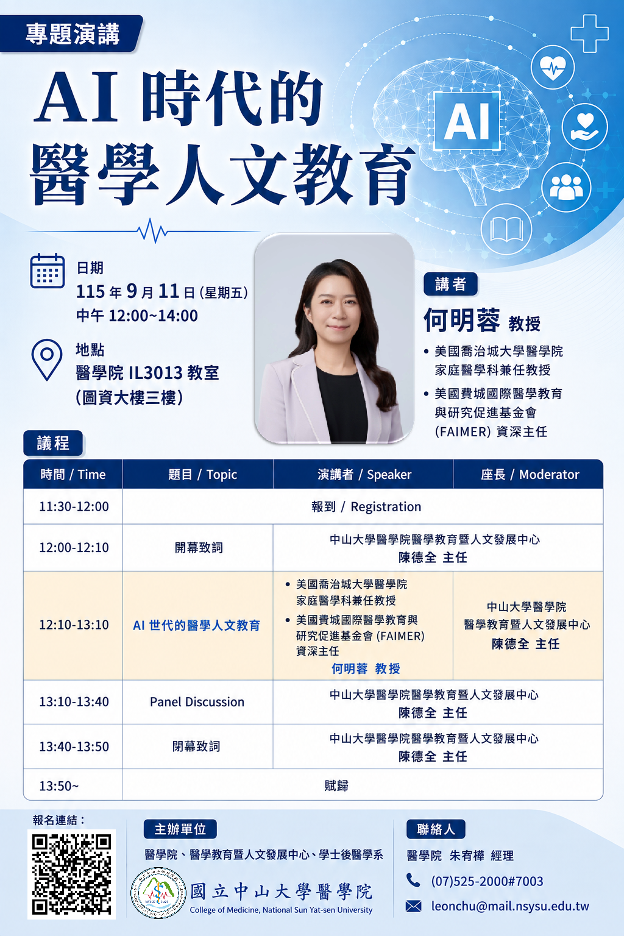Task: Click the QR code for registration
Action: point(71,874)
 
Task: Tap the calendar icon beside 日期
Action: point(48,271)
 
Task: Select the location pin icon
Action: point(47,360)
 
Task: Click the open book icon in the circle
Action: point(506,229)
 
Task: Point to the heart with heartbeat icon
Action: point(553,67)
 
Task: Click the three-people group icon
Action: point(566,187)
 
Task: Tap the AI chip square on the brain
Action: point(467,121)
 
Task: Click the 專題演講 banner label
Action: point(71,34)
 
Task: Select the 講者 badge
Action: point(450,284)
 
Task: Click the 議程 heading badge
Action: point(53,443)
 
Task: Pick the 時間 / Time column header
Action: point(73,474)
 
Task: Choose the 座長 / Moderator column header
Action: point(528,474)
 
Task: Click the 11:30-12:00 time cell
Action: point(74,506)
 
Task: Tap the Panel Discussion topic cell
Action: point(197,701)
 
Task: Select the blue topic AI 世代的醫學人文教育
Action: point(196,625)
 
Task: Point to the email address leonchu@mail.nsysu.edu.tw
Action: point(510,906)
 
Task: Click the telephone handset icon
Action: point(413,881)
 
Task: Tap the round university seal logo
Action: point(158,893)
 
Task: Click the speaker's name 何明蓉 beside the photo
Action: point(461,320)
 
